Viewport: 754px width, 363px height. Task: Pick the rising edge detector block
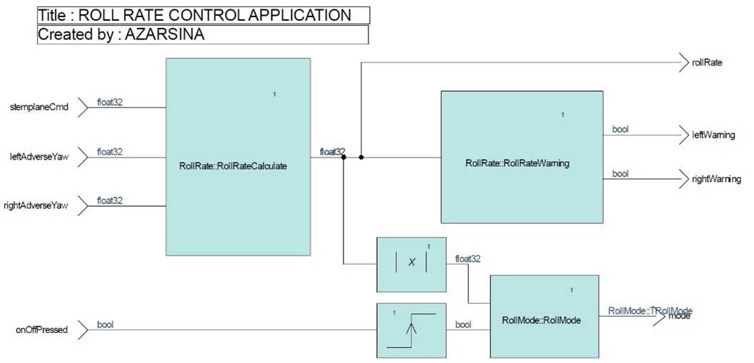point(411,329)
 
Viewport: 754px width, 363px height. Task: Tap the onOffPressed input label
point(42,329)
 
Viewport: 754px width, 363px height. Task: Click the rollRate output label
point(708,63)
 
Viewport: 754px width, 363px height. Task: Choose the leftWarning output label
point(713,135)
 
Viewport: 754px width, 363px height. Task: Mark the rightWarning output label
point(716,179)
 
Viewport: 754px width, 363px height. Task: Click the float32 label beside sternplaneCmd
point(110,103)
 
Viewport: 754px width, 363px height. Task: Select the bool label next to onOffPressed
point(105,324)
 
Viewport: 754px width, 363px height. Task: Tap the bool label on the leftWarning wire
point(620,129)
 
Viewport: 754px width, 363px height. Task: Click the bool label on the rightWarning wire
point(620,173)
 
